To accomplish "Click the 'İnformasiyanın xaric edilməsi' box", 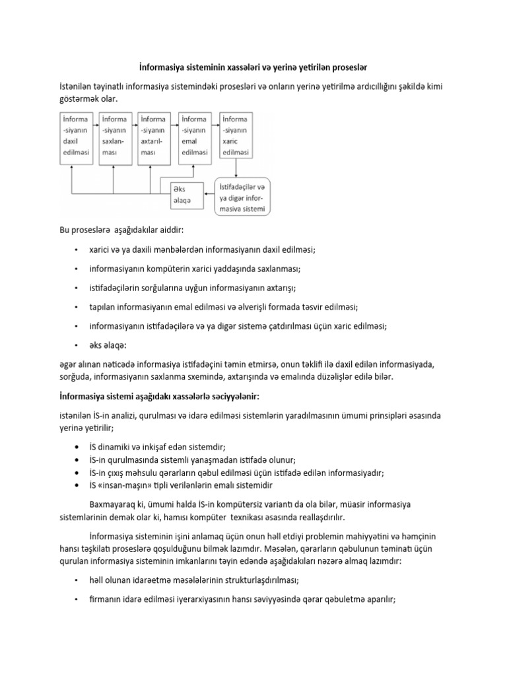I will [x=236, y=136].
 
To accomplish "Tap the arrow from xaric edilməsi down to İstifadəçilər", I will [x=236, y=168].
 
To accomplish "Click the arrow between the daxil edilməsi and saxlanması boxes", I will [x=95, y=122].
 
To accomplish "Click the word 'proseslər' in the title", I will [x=347, y=67].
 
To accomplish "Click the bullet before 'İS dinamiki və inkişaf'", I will [x=79, y=447].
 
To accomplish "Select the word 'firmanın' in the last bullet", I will [x=105, y=599].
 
